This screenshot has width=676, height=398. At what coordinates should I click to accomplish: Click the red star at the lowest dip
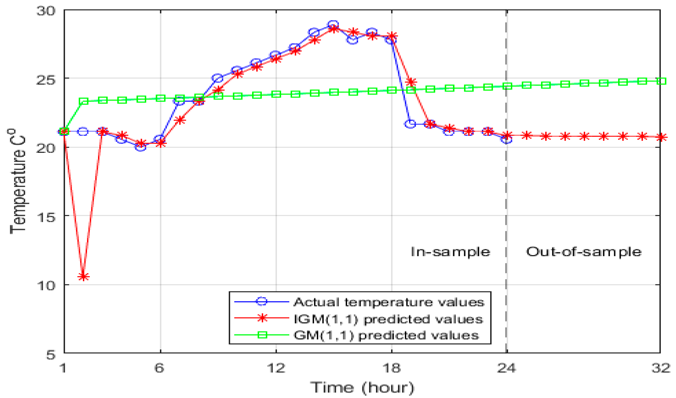[x=83, y=277]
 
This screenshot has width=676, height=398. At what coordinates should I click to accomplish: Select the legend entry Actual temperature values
[x=389, y=302]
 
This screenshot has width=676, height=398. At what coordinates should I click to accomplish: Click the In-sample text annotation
[x=450, y=252]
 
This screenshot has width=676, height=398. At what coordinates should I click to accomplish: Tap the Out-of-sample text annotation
[x=584, y=252]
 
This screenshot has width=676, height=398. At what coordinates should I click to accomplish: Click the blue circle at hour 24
[x=506, y=139]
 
